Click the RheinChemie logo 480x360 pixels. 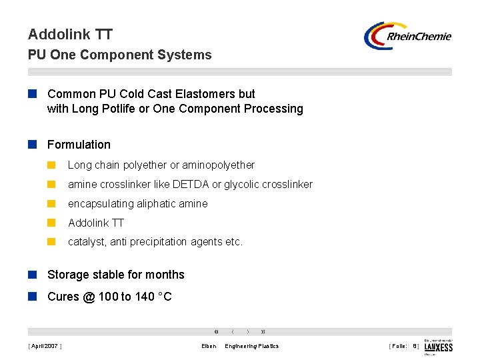[x=408, y=36]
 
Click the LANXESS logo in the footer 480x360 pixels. [x=438, y=346]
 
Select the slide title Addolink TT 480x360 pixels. [x=70, y=34]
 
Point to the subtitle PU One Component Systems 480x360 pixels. [x=119, y=55]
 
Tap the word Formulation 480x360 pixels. [x=79, y=145]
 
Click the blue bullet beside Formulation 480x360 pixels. [x=32, y=145]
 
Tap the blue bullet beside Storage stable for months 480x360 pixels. [x=32, y=275]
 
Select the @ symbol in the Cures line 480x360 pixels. [x=89, y=297]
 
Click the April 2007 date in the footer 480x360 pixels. [x=45, y=346]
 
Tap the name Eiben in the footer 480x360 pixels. [x=209, y=346]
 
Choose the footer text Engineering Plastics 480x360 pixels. [x=252, y=346]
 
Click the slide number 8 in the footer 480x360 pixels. [x=415, y=346]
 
